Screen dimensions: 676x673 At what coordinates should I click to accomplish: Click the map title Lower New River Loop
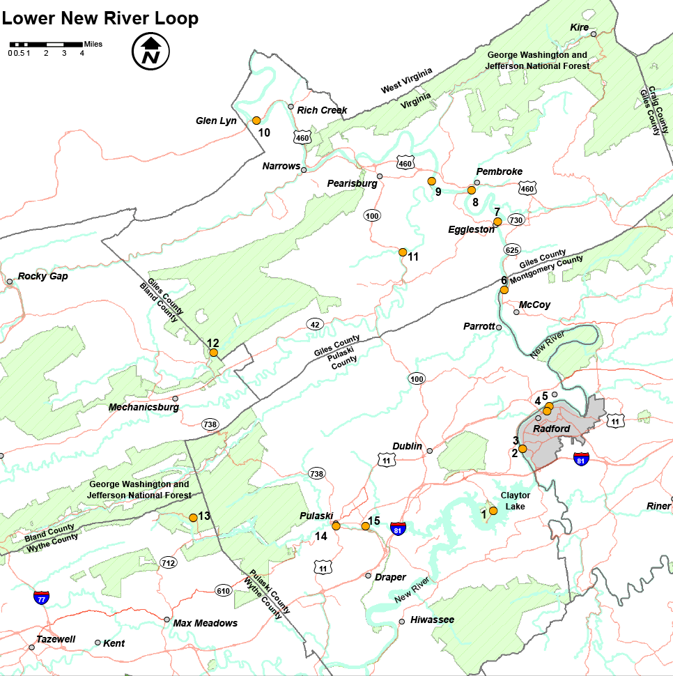click(100, 18)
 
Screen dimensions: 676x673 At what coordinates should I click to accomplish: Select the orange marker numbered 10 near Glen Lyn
click(256, 120)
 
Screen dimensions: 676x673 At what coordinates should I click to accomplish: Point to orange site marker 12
click(214, 353)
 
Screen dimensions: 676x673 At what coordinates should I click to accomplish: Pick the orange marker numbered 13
click(193, 517)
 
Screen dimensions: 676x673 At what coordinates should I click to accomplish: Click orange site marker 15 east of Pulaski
click(365, 525)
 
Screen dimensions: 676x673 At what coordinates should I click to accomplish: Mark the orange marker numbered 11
click(403, 252)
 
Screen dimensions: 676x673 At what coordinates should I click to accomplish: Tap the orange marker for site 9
click(431, 181)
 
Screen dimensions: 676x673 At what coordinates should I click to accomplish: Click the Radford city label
click(551, 429)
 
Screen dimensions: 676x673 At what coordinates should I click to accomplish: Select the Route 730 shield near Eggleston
click(516, 220)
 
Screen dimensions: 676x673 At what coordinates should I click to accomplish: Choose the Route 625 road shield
click(512, 249)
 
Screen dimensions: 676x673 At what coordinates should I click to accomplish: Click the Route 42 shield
click(316, 324)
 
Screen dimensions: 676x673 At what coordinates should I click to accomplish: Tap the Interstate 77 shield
click(42, 597)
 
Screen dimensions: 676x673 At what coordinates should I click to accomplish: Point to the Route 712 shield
click(168, 562)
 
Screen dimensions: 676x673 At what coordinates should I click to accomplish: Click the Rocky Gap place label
click(42, 276)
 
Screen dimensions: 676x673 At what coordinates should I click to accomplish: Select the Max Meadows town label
click(205, 623)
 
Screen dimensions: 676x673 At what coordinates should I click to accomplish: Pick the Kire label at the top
click(579, 27)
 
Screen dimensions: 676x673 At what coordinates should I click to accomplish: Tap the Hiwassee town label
click(432, 620)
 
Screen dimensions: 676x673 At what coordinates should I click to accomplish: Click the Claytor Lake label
click(515, 500)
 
